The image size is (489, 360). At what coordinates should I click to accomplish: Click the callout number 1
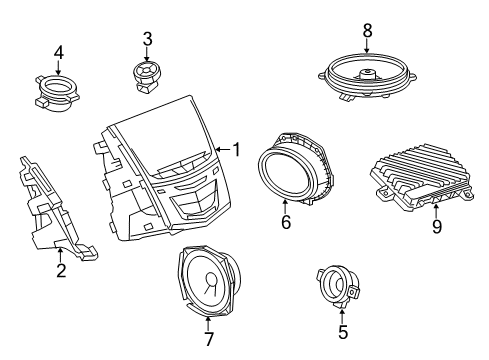tap(236, 150)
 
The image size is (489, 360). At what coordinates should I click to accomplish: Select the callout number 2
tap(61, 269)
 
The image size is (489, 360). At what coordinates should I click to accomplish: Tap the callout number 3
tap(147, 39)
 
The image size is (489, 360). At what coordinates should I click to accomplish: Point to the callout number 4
tap(58, 52)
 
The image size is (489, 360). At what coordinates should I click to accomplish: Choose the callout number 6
tap(286, 222)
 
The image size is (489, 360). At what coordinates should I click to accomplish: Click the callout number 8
tap(367, 30)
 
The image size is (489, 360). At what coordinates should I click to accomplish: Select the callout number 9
tap(438, 225)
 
